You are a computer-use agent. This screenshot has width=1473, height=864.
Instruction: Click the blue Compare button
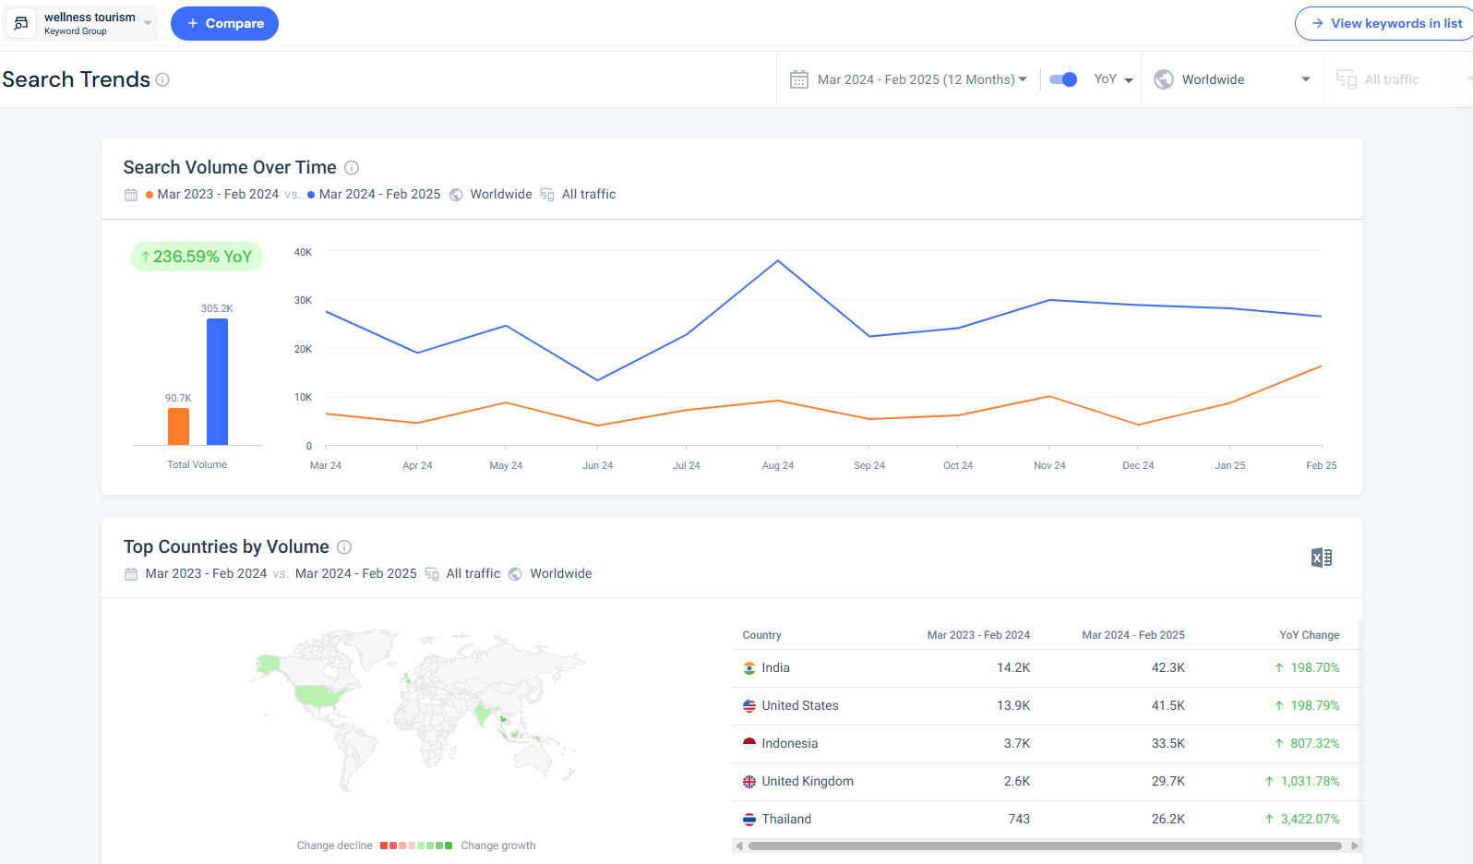point(224,23)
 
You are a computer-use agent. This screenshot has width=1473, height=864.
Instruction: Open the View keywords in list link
point(1386,23)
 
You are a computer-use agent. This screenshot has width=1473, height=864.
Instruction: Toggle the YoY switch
point(1063,79)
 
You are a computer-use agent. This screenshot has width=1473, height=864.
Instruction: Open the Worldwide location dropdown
point(1232,79)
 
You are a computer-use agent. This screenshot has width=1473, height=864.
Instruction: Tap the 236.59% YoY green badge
point(197,257)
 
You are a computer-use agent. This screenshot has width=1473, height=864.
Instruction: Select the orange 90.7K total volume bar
point(178,426)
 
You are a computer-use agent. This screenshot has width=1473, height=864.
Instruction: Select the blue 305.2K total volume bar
point(217,381)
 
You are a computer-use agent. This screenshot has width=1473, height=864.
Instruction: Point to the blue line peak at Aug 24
point(778,261)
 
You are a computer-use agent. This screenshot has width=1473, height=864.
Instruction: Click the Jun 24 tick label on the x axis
point(597,465)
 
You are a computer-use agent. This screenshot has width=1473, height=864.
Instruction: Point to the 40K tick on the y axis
point(303,252)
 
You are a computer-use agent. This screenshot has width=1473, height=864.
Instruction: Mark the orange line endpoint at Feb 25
point(1321,366)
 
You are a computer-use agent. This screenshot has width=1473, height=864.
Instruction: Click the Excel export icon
point(1321,558)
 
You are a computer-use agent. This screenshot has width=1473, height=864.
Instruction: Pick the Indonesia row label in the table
point(789,743)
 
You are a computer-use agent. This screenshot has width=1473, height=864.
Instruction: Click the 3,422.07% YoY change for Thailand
point(1309,819)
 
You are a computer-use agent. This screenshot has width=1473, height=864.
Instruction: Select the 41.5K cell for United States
point(1168,705)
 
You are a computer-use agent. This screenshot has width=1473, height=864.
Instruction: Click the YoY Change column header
point(1309,635)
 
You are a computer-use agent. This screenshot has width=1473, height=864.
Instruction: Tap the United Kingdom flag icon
point(749,782)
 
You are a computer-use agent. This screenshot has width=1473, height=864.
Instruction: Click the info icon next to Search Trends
point(162,79)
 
